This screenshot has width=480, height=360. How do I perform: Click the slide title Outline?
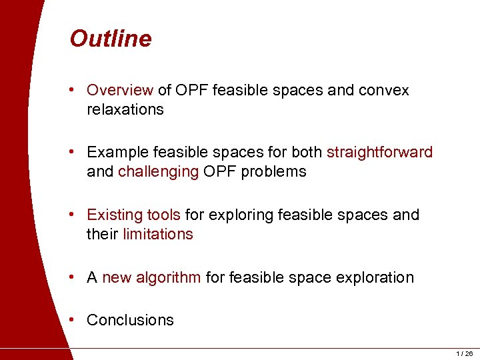(110, 39)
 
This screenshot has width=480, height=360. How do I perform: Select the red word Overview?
(120, 90)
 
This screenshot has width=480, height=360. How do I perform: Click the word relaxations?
(125, 109)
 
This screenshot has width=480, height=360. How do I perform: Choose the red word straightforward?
(379, 152)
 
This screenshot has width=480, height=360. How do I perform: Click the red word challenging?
(158, 171)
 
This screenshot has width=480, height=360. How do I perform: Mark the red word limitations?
(157, 234)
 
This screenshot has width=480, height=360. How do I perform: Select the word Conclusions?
(130, 320)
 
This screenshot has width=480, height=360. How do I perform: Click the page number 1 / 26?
(464, 353)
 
